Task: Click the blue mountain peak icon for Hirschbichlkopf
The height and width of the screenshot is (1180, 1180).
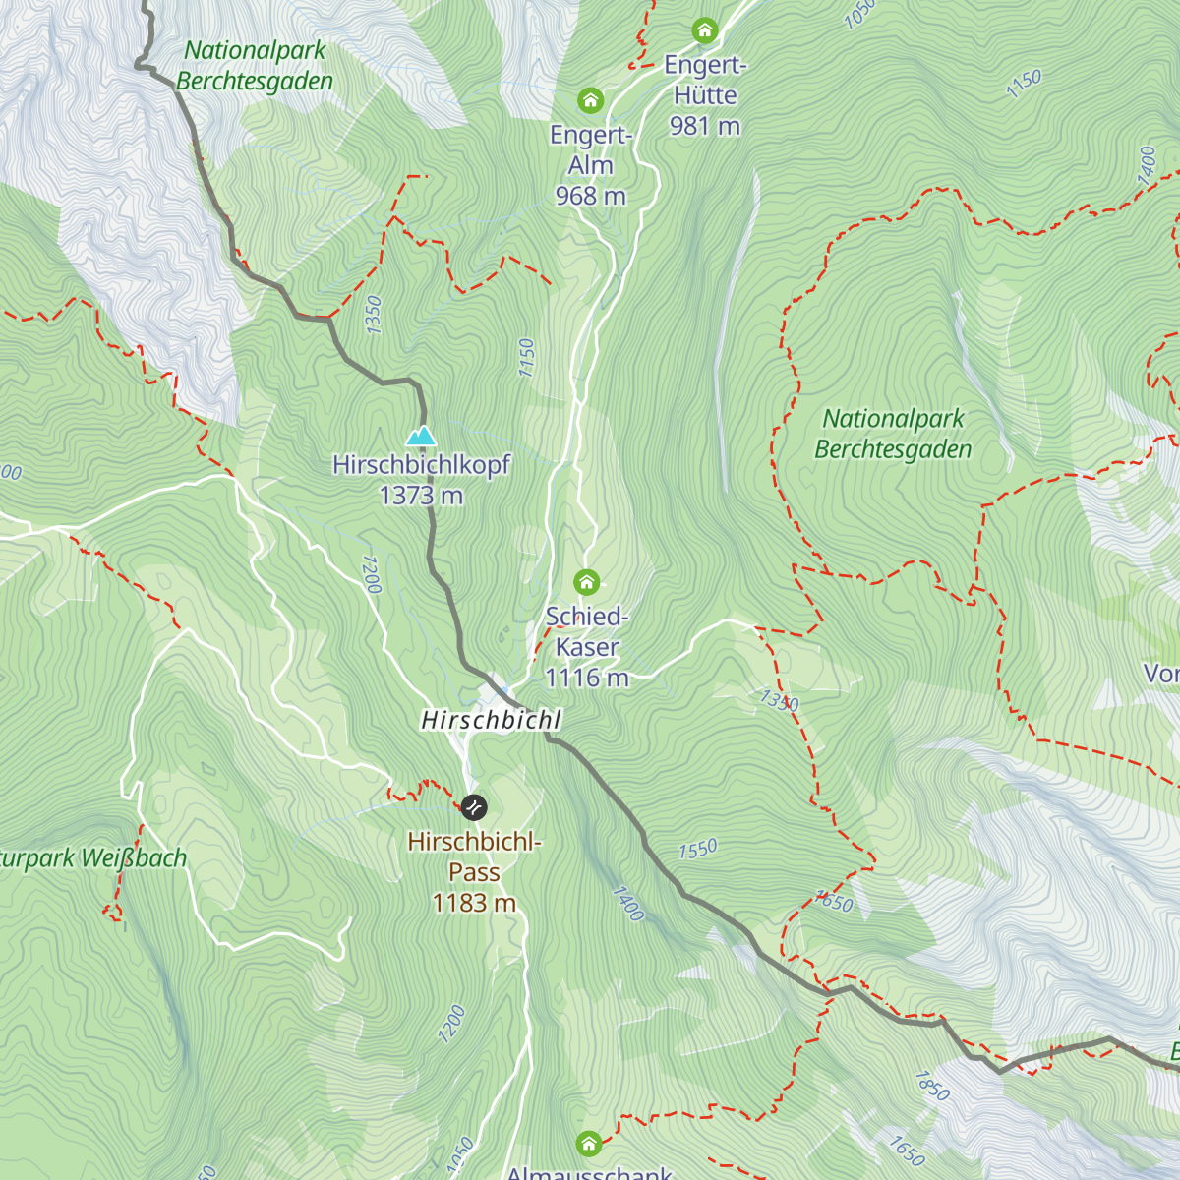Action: [421, 435]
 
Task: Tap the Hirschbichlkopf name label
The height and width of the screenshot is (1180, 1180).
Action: [421, 464]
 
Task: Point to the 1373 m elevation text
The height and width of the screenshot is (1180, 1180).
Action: [421, 496]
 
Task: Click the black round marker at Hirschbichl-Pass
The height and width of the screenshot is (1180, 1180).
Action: [473, 807]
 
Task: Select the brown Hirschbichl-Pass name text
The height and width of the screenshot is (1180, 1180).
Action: [474, 856]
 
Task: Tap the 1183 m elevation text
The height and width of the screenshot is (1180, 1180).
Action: [474, 903]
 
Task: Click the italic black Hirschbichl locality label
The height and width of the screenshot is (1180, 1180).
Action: [491, 720]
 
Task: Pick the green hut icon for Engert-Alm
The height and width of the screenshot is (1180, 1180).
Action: [590, 100]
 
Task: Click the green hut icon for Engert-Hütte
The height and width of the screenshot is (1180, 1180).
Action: [704, 30]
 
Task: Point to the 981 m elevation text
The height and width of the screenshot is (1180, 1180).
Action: [704, 126]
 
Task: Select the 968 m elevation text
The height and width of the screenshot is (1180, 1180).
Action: [590, 196]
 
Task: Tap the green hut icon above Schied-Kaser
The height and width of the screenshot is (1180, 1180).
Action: [586, 582]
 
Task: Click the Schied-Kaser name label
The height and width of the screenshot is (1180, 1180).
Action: [587, 631]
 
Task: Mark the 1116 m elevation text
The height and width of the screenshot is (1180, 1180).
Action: [587, 678]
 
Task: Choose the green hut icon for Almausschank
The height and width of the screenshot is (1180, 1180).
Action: [588, 1143]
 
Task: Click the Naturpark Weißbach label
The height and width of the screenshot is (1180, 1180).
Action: [93, 858]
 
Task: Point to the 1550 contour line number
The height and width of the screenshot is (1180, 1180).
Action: [697, 849]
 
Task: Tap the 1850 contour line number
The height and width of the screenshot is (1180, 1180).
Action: [931, 1086]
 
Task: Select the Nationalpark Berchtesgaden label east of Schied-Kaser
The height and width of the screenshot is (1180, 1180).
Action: [893, 434]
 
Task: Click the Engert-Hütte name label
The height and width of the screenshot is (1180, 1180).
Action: [705, 80]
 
